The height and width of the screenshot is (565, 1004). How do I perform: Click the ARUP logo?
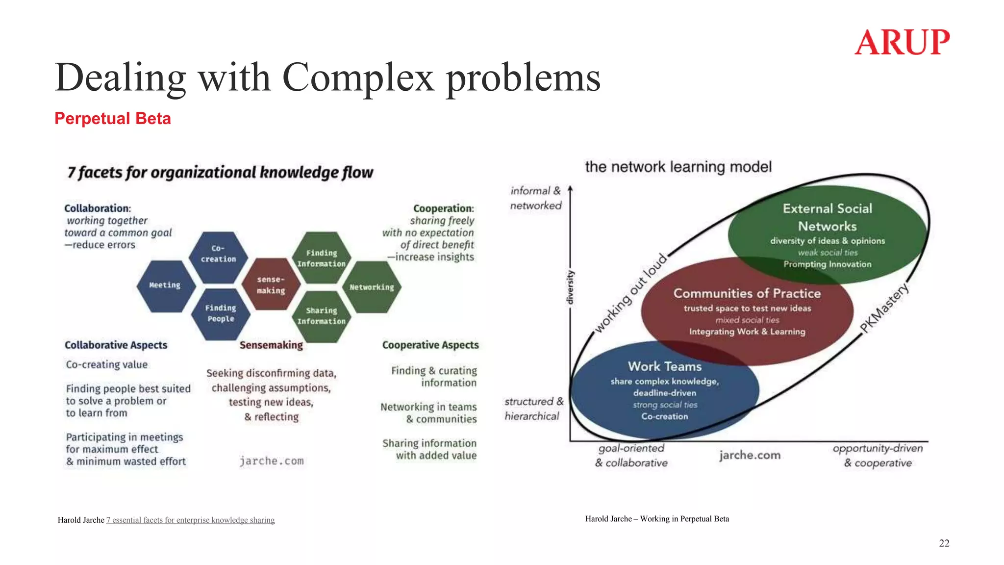tap(902, 42)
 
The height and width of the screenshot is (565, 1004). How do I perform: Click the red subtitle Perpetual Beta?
tap(112, 119)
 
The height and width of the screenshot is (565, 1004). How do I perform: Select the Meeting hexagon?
tap(165, 285)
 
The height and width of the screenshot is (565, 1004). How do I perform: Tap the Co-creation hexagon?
tap(218, 254)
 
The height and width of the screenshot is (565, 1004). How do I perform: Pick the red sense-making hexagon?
tap(271, 285)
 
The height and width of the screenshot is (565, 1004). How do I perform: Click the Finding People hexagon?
tap(220, 313)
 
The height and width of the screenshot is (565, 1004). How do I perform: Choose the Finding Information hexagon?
tap(321, 258)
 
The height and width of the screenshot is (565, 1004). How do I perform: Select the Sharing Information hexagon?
tap(321, 316)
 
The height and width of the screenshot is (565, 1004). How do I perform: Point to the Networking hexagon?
tap(372, 287)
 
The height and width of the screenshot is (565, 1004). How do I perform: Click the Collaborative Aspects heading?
tap(116, 345)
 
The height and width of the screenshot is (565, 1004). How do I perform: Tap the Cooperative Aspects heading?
tap(430, 345)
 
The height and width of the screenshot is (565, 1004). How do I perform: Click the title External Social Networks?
tap(828, 217)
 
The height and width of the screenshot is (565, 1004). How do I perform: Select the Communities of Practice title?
tap(747, 293)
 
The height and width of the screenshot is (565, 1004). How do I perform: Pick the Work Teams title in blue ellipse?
tap(665, 366)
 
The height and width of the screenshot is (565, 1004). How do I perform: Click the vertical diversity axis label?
tap(570, 287)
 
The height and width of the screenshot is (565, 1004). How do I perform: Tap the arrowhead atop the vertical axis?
tap(570, 189)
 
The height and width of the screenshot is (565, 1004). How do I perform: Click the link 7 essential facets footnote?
tap(190, 520)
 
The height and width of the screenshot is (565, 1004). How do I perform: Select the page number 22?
tap(944, 543)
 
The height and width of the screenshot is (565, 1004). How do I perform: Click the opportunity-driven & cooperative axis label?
tap(878, 456)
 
